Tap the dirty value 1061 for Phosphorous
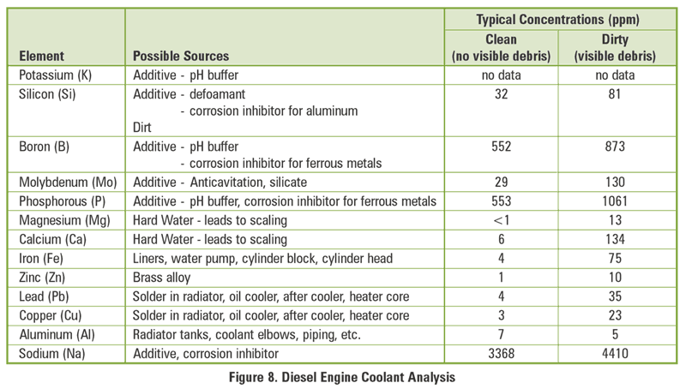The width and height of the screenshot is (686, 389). pos(613,201)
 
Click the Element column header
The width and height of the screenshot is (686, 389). pos(42,57)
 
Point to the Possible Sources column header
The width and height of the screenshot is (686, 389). pos(183,57)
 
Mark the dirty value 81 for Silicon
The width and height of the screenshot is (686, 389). pos(613,93)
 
